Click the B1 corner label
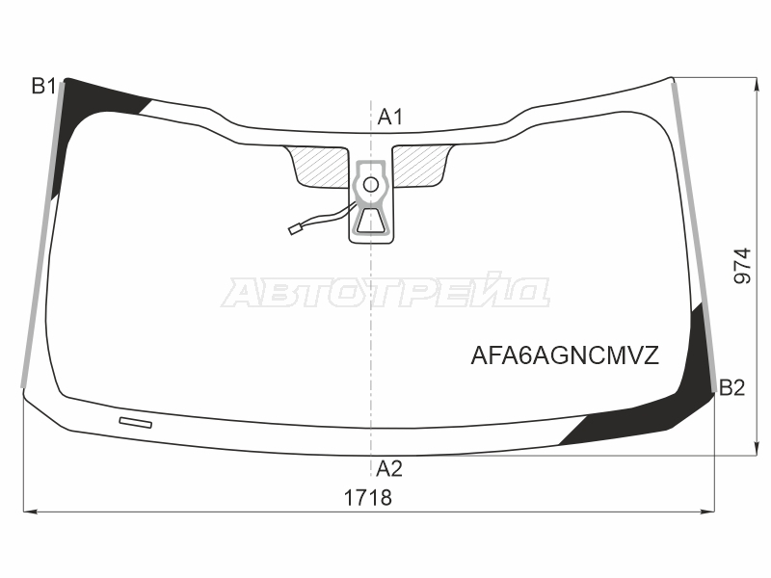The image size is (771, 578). coord(43,86)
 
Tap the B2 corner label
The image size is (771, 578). coord(731,388)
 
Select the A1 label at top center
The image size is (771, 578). coord(390,117)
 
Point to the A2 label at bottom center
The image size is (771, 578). coord(389,469)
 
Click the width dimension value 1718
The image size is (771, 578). coord(368,498)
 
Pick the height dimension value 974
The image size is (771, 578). coord(742,266)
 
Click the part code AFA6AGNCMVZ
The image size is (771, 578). coord(565,355)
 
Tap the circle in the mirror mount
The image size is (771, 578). coord(371,185)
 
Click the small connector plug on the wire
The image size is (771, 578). coord(295,229)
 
